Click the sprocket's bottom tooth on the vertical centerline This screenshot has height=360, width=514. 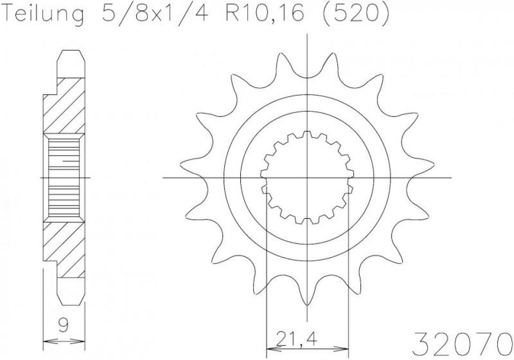(x=307, y=292)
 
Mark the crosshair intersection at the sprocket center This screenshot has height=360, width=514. (x=307, y=177)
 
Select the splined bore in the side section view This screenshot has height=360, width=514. (x=64, y=177)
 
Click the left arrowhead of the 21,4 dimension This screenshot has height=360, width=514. (x=271, y=349)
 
